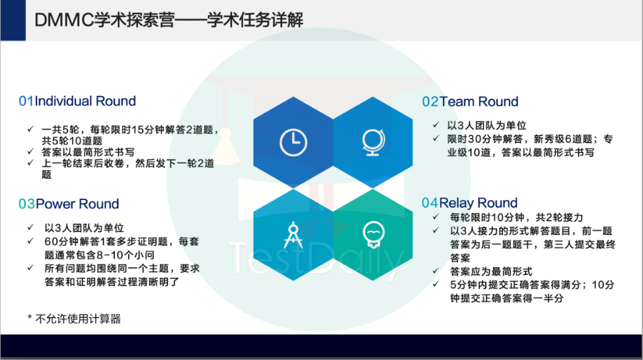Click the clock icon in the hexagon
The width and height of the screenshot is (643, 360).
pos(293,143)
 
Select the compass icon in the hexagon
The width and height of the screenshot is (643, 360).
pos(293,235)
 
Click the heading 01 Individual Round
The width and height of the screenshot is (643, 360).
pos(77,101)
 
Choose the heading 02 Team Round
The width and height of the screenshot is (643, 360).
pos(470,101)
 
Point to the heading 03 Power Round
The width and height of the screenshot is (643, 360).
pos(69,204)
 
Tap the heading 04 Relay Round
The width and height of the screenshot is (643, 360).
pos(469,203)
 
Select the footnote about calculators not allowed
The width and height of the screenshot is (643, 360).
pos(74,319)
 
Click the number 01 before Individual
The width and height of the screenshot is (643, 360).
pos(26,101)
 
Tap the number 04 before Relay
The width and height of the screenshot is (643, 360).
pos(430,203)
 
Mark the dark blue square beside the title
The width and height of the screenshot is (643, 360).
pos(13,20)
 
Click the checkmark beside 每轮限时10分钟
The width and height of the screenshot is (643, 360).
pos(436,217)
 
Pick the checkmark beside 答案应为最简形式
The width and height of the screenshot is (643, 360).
pos(436,271)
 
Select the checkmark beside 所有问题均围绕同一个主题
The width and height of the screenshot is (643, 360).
pos(30,268)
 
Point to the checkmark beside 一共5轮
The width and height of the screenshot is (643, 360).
pos(30,129)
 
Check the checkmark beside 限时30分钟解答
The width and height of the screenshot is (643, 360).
pos(436,139)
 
